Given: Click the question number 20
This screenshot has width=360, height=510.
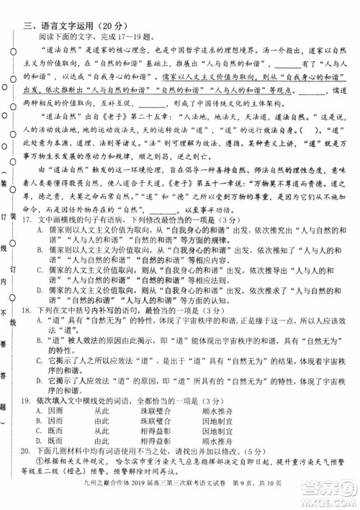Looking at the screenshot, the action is pos(26,465).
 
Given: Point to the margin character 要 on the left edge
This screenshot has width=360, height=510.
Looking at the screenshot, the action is pos(6,344).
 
